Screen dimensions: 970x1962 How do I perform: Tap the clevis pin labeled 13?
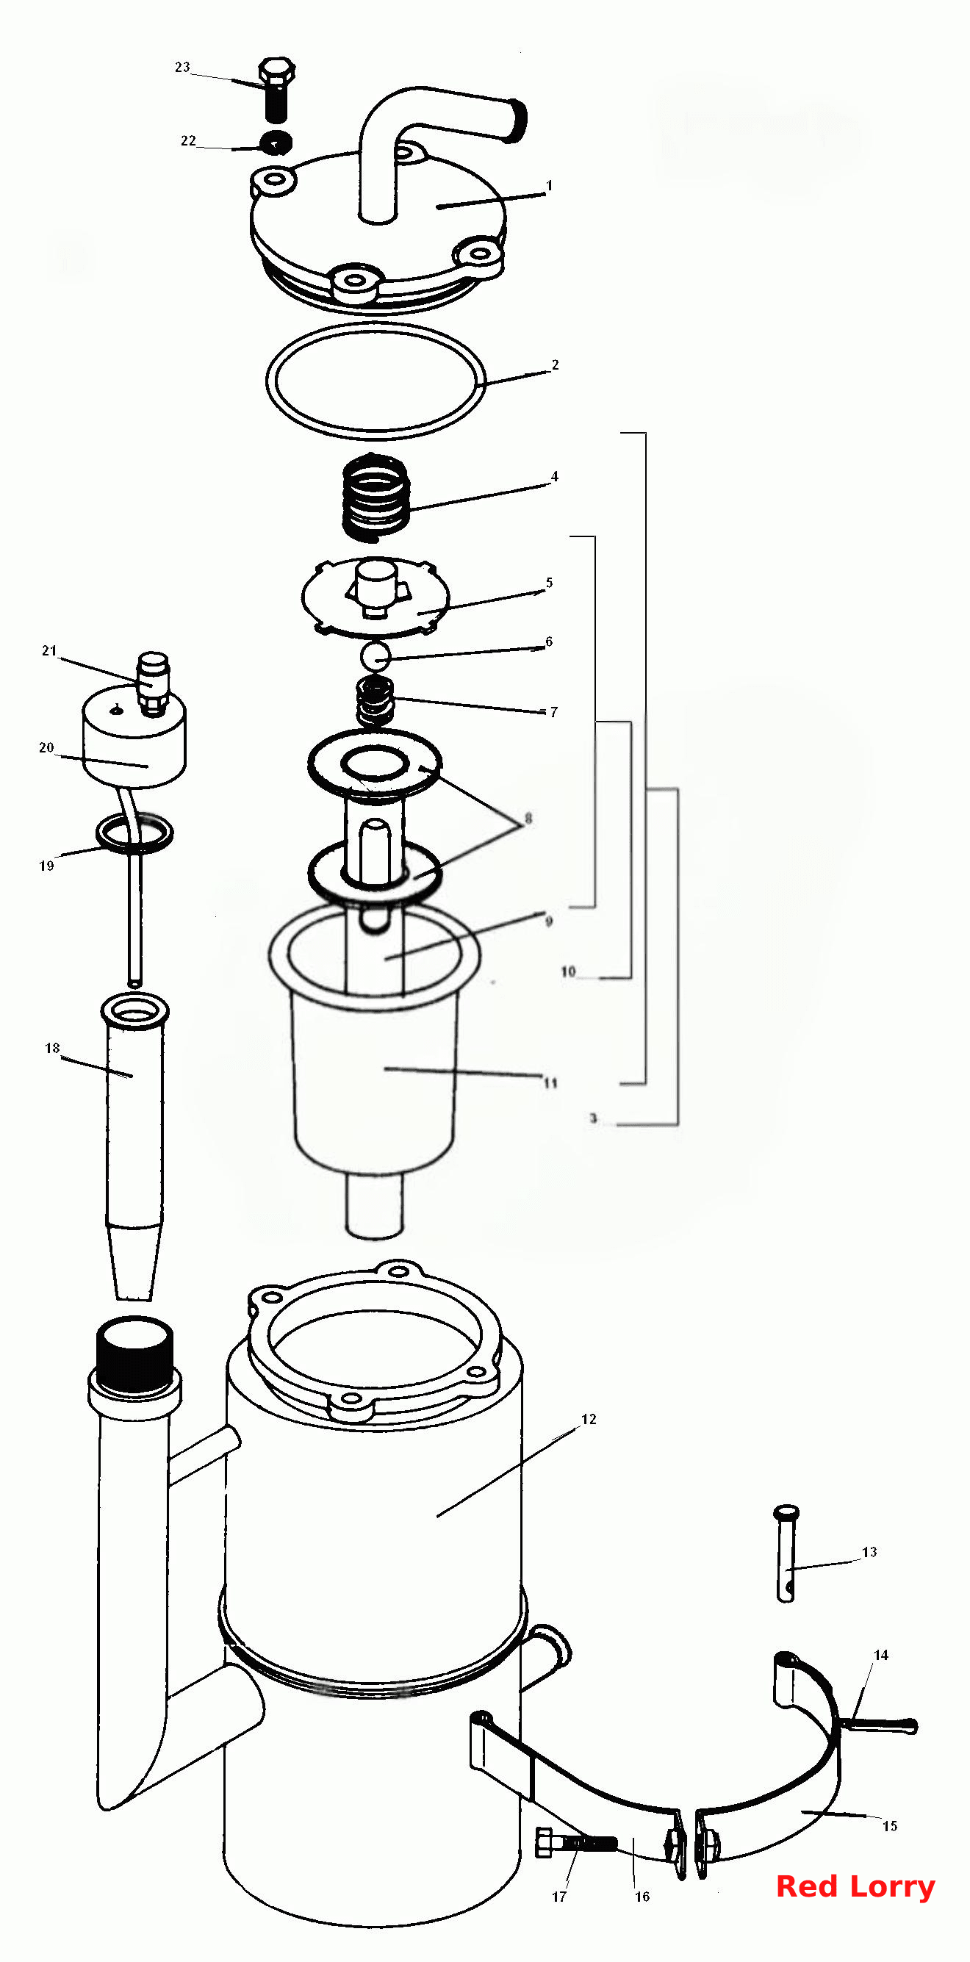[786, 1553]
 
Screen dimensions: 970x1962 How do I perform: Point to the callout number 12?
[588, 1419]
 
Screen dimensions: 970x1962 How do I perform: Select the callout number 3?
[593, 1119]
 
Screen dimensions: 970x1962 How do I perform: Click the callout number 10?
[569, 972]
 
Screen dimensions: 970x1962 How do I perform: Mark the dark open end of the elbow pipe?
[518, 121]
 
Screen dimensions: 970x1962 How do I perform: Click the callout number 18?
[51, 1049]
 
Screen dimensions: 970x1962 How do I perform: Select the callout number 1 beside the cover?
[549, 185]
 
